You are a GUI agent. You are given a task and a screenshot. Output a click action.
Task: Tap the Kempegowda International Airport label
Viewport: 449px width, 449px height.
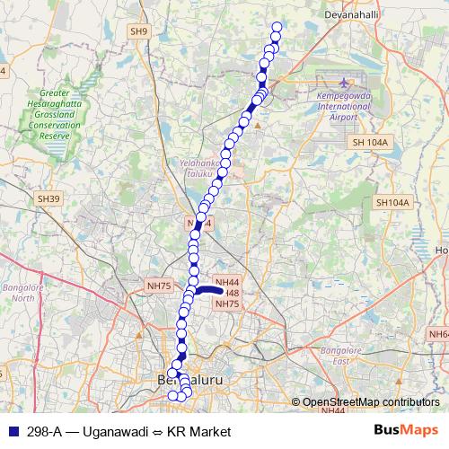click(x=345, y=106)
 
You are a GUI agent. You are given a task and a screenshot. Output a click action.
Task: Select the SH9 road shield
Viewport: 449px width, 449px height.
click(x=138, y=31)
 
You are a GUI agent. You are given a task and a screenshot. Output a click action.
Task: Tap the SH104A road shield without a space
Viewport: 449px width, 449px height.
click(x=392, y=203)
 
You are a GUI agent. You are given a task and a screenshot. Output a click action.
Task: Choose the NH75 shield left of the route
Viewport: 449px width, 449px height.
click(x=158, y=286)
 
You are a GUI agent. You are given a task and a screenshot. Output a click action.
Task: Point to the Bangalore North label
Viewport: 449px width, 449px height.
click(x=19, y=292)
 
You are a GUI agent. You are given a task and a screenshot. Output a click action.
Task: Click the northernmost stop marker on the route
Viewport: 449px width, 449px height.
click(x=277, y=27)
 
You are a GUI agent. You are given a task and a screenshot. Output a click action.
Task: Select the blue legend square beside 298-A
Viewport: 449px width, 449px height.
click(x=13, y=432)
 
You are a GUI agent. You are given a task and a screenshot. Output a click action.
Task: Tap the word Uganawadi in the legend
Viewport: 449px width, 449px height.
click(x=113, y=432)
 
